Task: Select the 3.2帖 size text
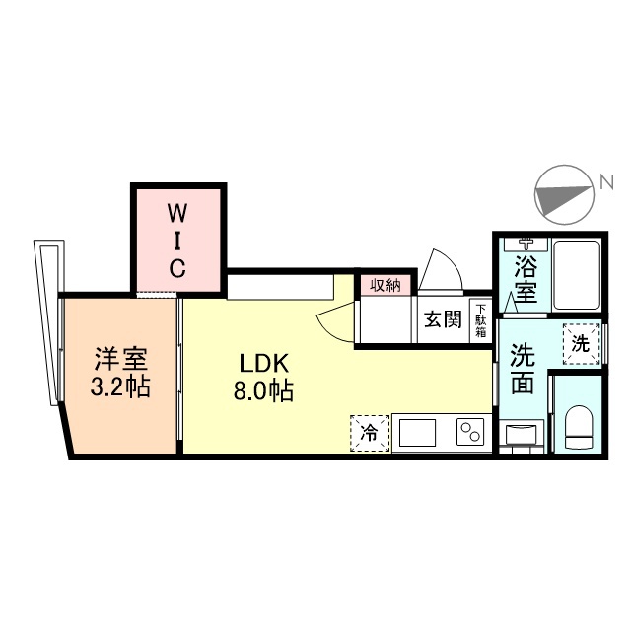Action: coord(119,386)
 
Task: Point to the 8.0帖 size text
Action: coord(262,390)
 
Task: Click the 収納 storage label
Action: coord(386,285)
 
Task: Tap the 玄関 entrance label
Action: coord(443,319)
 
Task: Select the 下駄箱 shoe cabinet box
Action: coord(480,318)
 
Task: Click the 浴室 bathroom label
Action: coord(525,279)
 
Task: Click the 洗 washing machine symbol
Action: coord(580,345)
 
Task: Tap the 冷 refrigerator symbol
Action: coord(369,433)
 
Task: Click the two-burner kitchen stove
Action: coord(469,433)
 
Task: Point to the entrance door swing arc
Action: coord(438,269)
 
